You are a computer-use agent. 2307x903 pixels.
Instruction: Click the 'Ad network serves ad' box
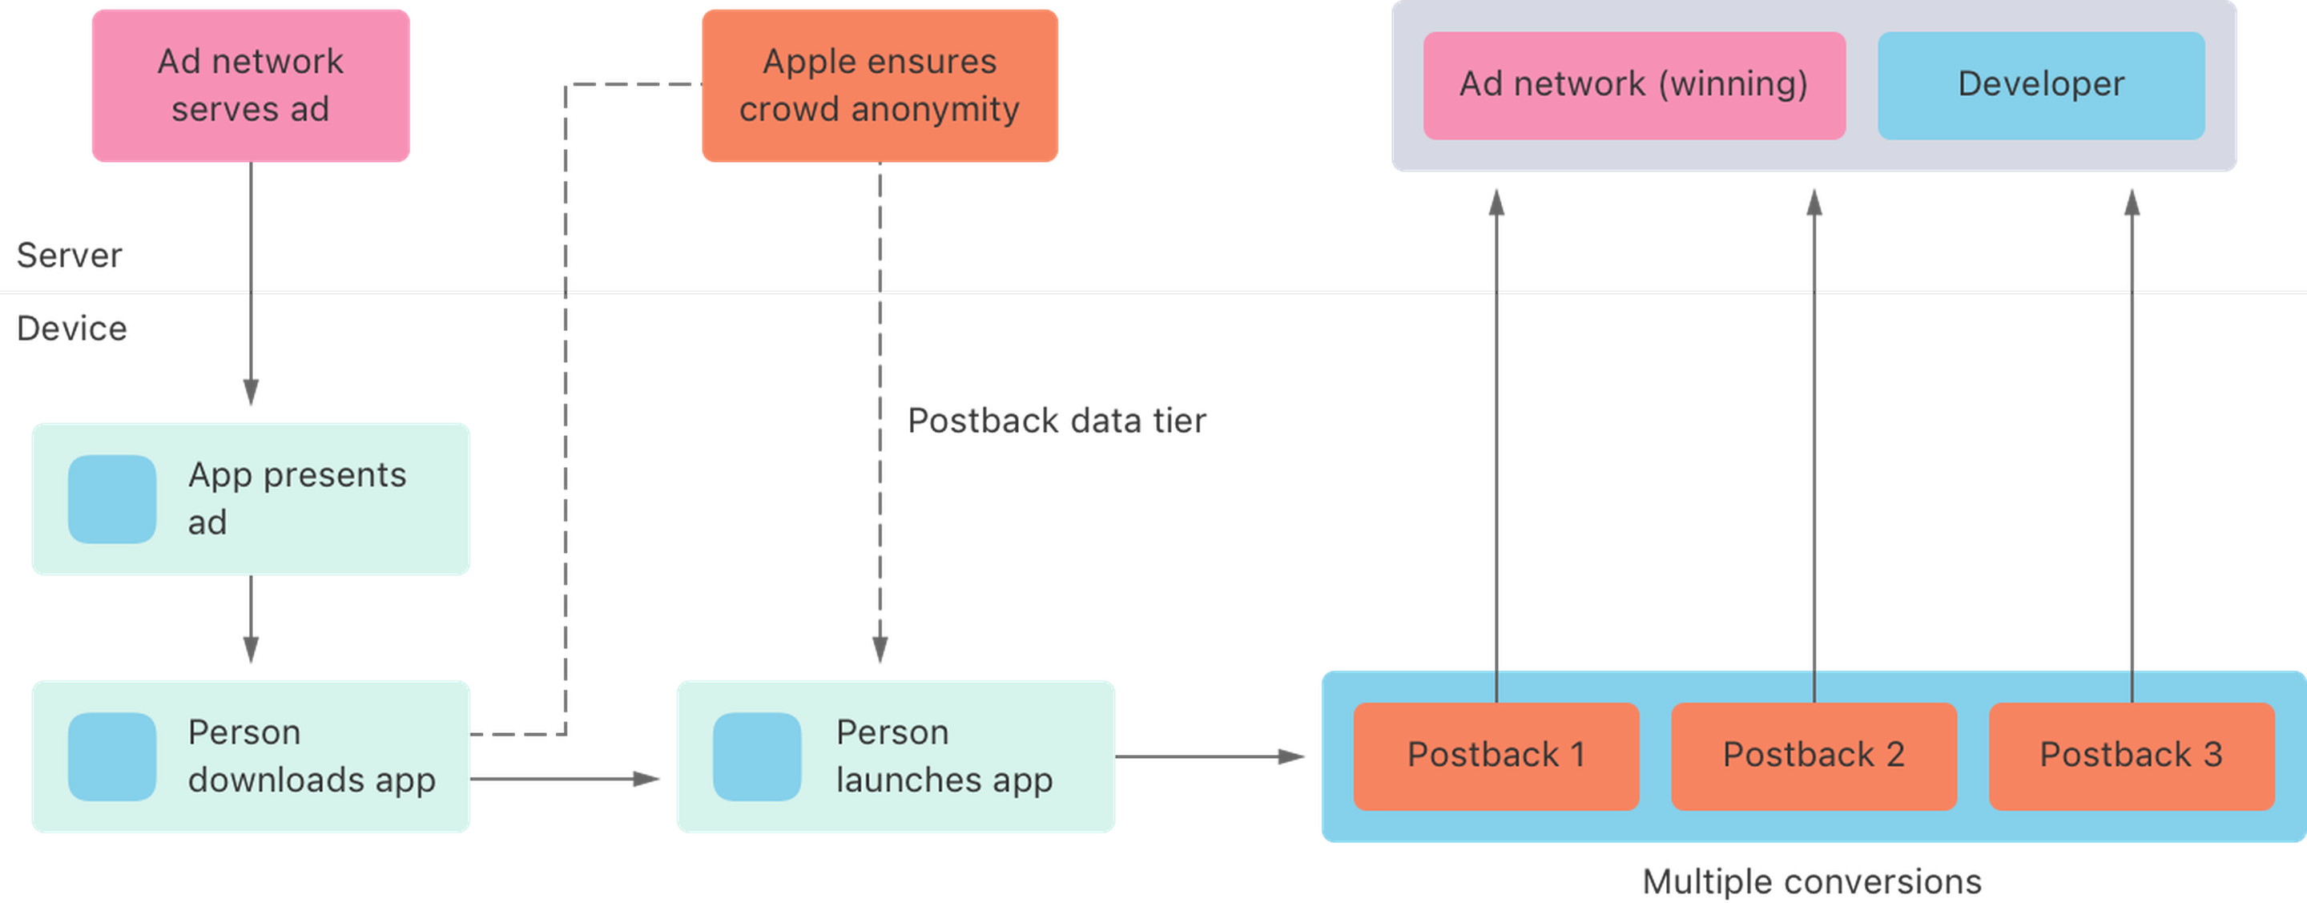[x=251, y=86]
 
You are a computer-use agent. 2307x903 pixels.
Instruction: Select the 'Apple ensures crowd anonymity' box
[x=880, y=86]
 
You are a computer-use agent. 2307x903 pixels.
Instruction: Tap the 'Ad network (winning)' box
[x=1634, y=86]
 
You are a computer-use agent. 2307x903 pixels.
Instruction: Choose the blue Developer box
[x=2041, y=86]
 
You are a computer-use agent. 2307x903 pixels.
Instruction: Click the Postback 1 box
[x=1496, y=757]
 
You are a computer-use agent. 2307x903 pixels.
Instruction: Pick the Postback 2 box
[x=1814, y=757]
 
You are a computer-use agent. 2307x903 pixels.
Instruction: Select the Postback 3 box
[x=2132, y=757]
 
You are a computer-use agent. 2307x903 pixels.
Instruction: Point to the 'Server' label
[x=69, y=256]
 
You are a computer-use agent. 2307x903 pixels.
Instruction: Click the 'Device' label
[x=71, y=329]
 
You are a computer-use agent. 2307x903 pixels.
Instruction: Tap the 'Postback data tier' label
[x=1057, y=421]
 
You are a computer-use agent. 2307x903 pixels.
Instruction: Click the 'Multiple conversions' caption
[x=1812, y=882]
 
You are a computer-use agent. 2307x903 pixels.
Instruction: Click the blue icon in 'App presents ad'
[x=112, y=499]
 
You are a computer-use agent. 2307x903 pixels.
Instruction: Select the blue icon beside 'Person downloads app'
[x=112, y=757]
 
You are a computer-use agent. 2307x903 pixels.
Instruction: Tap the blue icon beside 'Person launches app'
[x=757, y=757]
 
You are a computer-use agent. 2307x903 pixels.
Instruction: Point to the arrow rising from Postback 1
[x=1496, y=446]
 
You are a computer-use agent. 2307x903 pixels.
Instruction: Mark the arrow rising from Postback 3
[x=2132, y=446]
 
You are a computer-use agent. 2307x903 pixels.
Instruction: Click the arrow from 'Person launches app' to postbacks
[x=1210, y=757]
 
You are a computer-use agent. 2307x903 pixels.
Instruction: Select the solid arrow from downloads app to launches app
[x=565, y=780]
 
